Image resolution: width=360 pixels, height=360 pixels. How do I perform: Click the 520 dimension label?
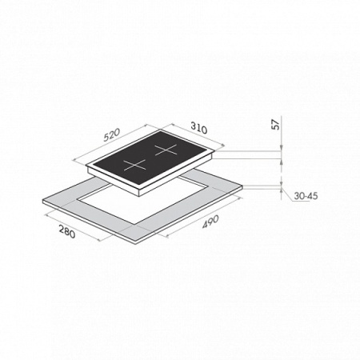point(112,135)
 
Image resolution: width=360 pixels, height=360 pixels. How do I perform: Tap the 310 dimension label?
point(199,128)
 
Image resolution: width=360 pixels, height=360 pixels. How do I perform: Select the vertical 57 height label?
point(276,125)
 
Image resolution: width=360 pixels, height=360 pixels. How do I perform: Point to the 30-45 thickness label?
point(306,196)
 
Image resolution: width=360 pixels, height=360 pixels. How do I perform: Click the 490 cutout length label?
point(210,222)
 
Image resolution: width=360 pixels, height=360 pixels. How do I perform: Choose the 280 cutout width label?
point(67,232)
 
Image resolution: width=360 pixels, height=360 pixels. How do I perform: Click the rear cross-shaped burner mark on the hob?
point(166,150)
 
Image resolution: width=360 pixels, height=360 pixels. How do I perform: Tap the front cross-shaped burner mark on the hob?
point(135,165)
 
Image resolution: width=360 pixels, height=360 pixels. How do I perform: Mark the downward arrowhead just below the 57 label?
point(282,148)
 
